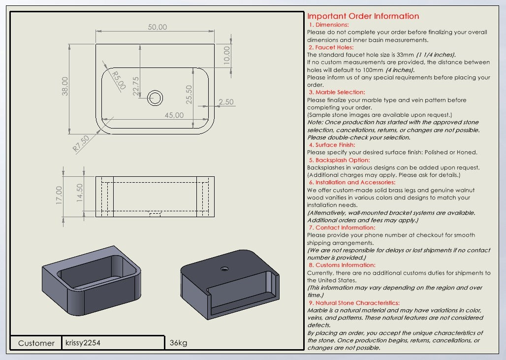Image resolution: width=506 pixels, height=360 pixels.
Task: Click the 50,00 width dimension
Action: [x=158, y=27]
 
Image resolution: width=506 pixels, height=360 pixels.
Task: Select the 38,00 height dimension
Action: [x=65, y=86]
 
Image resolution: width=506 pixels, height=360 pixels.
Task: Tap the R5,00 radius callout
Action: [x=118, y=80]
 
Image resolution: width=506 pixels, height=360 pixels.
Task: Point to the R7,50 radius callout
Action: [x=81, y=143]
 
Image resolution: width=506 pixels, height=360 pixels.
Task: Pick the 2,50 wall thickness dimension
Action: [x=226, y=102]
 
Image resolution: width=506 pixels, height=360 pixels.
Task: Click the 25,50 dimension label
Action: [x=188, y=95]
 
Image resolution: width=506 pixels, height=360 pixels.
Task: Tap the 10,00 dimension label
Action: [x=226, y=54]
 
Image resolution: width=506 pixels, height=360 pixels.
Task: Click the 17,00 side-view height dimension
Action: [x=59, y=195]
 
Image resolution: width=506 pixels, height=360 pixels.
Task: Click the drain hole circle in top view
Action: [x=156, y=98]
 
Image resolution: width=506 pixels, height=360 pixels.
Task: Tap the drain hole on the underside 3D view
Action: [x=224, y=269]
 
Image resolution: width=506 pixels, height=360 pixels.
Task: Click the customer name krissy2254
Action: [x=83, y=342]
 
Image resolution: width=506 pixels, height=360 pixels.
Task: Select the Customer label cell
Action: [x=36, y=343]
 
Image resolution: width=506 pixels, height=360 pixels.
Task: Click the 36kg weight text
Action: [x=178, y=343]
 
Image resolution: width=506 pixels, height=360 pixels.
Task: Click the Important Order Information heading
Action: [x=363, y=16]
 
